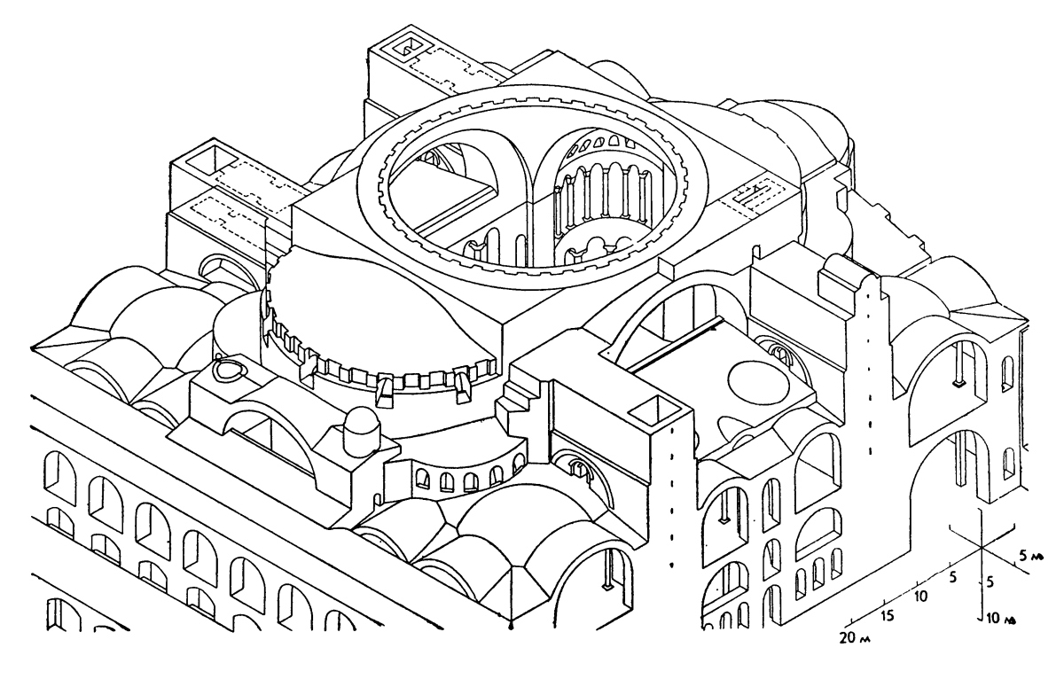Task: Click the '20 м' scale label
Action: [855, 637]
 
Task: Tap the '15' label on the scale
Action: [887, 616]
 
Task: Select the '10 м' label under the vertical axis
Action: [1001, 618]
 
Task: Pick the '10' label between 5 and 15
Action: [920, 596]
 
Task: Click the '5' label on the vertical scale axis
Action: [991, 581]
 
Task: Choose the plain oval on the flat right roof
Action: [758, 382]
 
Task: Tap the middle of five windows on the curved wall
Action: [470, 481]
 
